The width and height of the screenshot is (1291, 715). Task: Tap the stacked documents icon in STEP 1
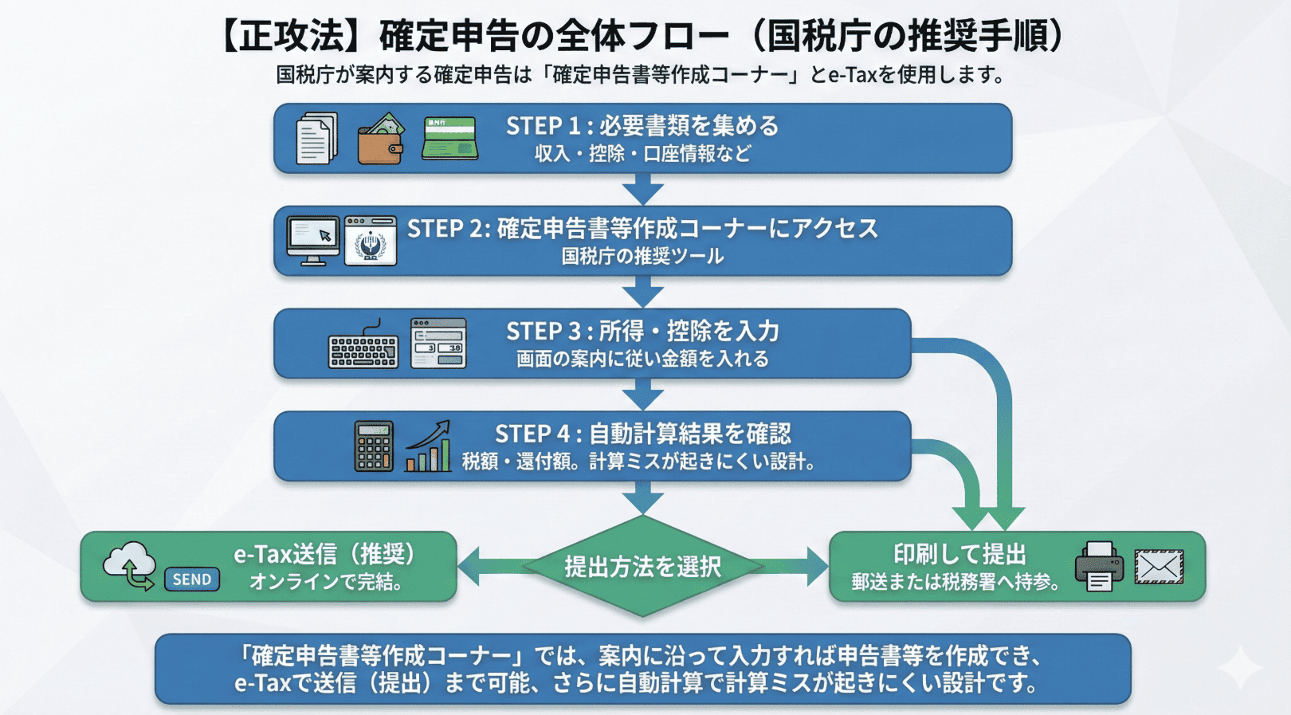[x=316, y=139]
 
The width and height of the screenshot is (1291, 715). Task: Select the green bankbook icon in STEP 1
[x=450, y=138]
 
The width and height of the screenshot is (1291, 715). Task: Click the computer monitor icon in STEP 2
[x=312, y=240]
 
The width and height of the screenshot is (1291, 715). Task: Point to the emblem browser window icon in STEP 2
[x=371, y=240]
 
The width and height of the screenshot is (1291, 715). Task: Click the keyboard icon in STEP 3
[x=363, y=348]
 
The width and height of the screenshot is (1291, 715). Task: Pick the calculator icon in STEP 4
[x=374, y=446]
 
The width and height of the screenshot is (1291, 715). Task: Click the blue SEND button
[x=192, y=579]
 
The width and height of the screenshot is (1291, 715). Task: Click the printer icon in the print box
[x=1099, y=566]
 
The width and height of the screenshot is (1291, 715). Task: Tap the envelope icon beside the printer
[x=1159, y=567]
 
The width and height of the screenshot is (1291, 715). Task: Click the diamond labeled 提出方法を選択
[x=642, y=567]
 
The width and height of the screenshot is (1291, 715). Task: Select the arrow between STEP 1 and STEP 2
[x=643, y=189]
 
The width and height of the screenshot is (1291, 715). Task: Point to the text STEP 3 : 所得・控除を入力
[x=642, y=331]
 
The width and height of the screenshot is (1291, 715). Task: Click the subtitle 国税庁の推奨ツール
[x=642, y=257]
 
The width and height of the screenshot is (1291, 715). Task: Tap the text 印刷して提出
[x=959, y=554]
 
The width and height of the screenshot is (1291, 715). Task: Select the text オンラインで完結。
[x=327, y=582]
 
